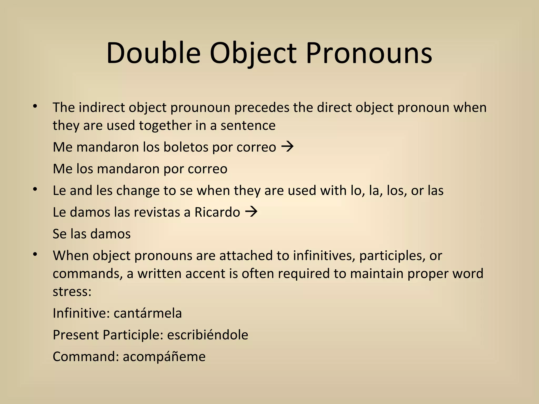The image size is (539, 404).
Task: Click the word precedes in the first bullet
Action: [x=262, y=108]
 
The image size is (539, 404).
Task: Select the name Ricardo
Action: [x=217, y=212]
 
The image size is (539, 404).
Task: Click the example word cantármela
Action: [x=148, y=313]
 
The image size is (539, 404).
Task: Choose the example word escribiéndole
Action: [x=208, y=335]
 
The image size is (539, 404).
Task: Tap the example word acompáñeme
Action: [x=164, y=357]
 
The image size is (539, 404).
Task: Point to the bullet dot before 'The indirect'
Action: [x=35, y=107]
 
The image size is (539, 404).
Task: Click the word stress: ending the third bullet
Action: [x=72, y=291]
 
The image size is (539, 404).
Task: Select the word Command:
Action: [x=86, y=357]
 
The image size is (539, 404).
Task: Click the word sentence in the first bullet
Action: [x=248, y=125]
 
